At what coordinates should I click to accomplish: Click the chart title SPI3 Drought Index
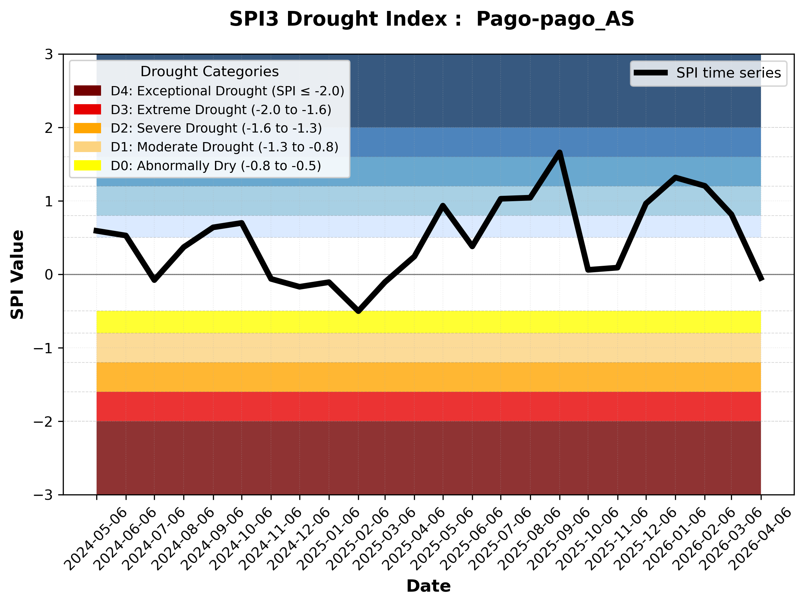432,19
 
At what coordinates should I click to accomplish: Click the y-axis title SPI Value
17,275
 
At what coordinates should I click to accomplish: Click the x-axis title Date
428,586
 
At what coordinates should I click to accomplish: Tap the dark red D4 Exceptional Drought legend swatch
87,91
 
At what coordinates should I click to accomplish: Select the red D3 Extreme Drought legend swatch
87,109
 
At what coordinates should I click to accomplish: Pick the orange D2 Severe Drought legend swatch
87,128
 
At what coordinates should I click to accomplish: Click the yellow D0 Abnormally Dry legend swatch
87,165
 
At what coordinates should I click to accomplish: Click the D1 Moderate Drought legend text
225,147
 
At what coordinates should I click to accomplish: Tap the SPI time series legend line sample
651,73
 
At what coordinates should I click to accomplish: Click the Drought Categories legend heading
209,71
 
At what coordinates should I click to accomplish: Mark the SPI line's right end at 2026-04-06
761,279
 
